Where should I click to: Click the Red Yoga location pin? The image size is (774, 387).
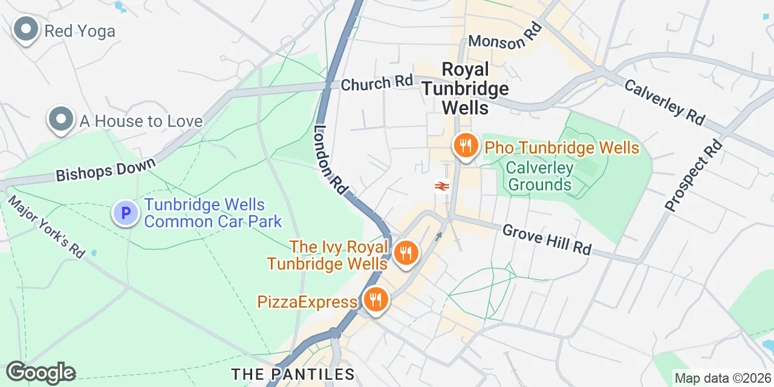coord(26,29)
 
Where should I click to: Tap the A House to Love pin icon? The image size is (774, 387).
coord(60,120)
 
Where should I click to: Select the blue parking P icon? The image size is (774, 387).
coord(126,213)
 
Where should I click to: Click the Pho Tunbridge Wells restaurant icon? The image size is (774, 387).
coord(465,146)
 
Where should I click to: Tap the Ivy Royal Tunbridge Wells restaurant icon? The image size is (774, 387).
coord(406,253)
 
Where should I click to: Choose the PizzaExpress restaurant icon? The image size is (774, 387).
coord(375,300)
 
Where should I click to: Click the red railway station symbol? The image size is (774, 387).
coord(441,186)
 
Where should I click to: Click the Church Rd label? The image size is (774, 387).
coord(376,83)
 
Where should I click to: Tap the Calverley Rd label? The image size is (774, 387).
coord(664,102)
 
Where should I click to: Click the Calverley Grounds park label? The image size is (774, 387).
coord(539,175)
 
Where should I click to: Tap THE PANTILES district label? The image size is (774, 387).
coord(293,374)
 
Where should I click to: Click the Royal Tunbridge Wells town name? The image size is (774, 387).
coord(464,88)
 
